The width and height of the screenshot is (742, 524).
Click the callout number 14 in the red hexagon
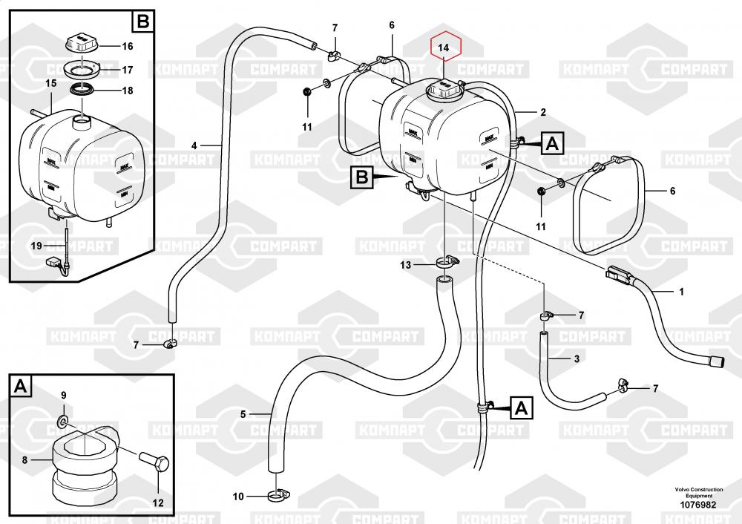click(444, 48)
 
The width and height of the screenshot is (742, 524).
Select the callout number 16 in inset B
click(127, 46)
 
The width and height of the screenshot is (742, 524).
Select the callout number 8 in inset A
click(24, 460)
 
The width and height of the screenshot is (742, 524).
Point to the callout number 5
click(243, 413)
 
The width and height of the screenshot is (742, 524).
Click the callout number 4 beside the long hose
click(194, 145)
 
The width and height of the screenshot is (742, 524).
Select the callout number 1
click(681, 291)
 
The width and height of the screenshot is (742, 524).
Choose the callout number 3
click(577, 359)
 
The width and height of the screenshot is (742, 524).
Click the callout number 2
click(543, 113)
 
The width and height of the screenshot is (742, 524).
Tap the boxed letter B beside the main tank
click(361, 177)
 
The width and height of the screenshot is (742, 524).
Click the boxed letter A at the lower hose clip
click(520, 407)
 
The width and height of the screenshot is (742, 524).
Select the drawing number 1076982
click(698, 505)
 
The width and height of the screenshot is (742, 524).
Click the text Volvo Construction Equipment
click(698, 492)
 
